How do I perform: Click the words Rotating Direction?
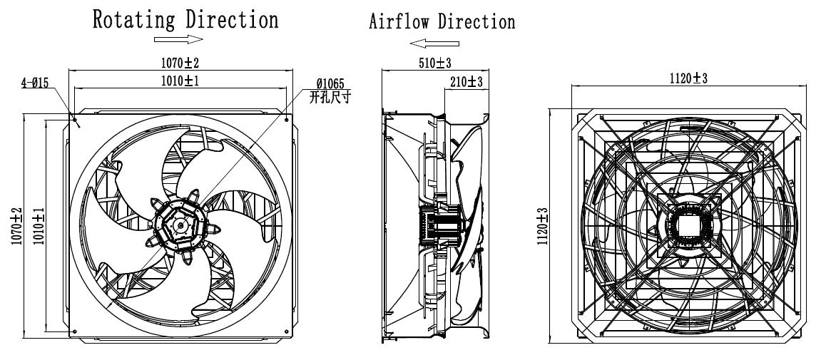(185, 19)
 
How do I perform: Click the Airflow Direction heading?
(442, 22)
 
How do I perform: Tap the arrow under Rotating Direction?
(179, 40)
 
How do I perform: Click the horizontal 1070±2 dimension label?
(178, 63)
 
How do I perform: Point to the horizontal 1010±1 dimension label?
(178, 81)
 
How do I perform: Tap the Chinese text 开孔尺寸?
(330, 96)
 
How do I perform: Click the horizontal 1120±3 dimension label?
(688, 78)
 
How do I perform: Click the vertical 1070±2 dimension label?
(16, 225)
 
